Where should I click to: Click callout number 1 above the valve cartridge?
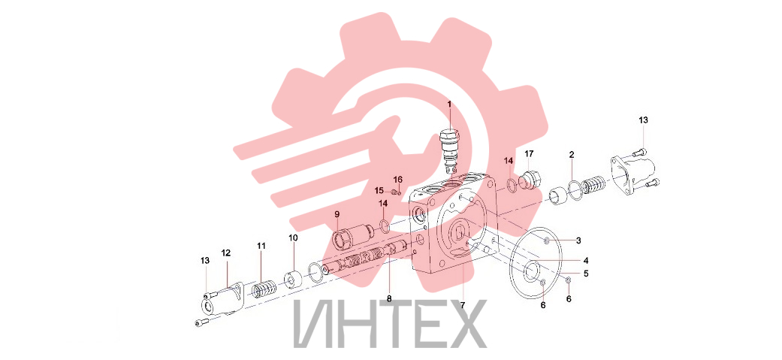[449, 104]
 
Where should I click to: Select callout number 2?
[572, 154]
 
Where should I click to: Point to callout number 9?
[337, 214]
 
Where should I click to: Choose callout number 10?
[293, 237]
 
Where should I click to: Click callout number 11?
[262, 246]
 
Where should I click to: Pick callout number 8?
[389, 298]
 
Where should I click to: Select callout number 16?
[397, 180]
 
